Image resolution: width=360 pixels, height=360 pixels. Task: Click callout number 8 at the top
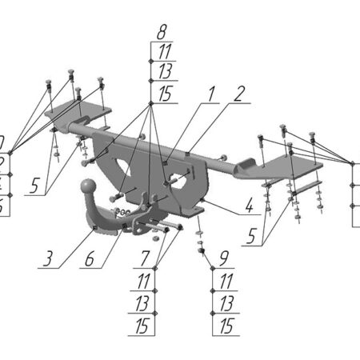click(162, 33)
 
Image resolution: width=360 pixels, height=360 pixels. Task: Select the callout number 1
click(211, 94)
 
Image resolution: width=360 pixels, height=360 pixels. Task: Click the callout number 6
click(90, 260)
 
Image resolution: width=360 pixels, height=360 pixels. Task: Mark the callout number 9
click(224, 258)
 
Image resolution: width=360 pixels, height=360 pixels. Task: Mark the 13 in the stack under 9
click(225, 302)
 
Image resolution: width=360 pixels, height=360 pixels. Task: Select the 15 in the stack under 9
click(225, 325)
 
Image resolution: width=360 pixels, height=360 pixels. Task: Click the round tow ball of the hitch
click(84, 187)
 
